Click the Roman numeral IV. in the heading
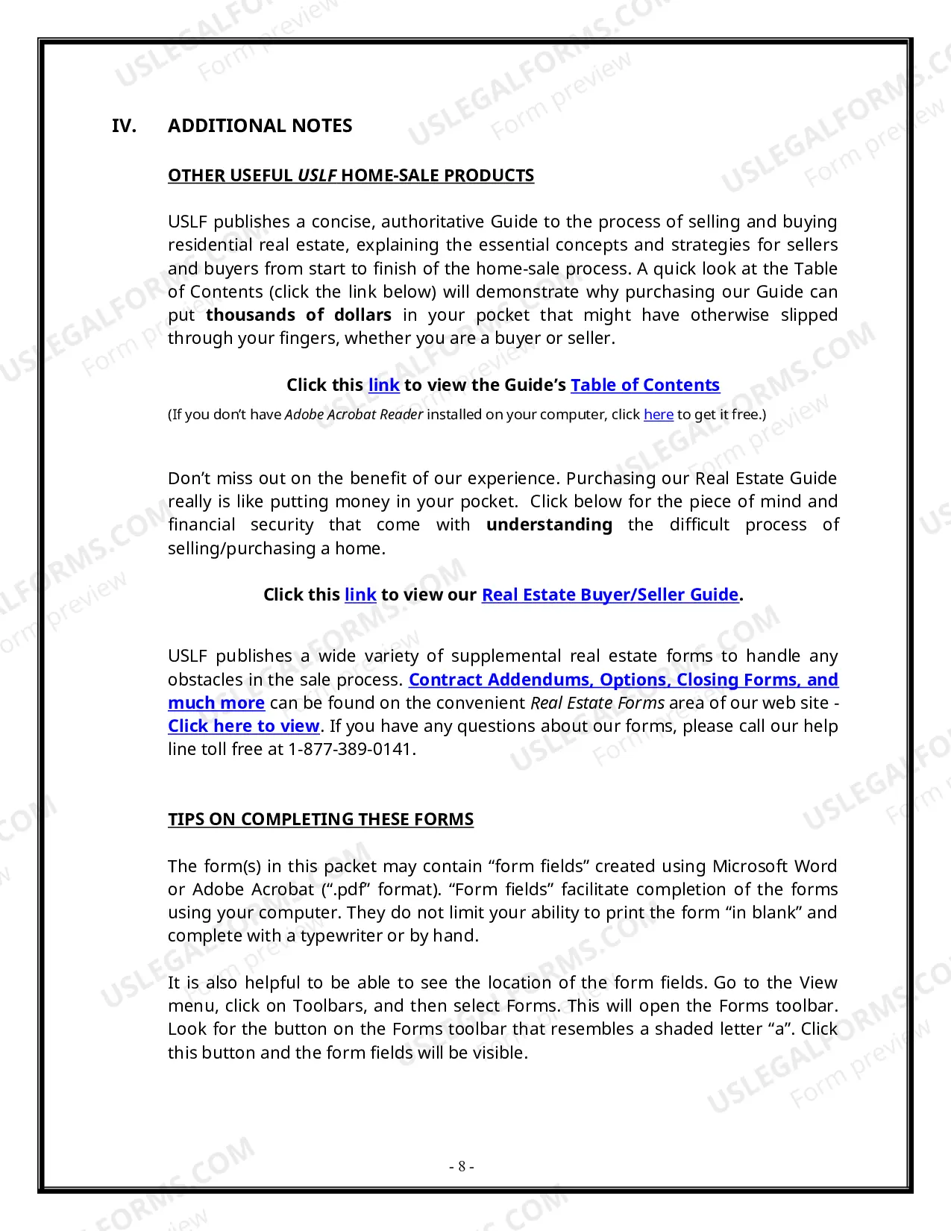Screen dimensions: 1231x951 pos(124,125)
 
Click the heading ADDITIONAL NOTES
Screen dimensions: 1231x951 pos(260,125)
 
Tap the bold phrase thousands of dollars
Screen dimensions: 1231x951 pos(298,315)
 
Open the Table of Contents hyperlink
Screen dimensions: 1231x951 pos(644,385)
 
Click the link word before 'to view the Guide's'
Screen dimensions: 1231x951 pos(383,385)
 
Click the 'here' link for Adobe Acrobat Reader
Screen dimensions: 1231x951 pos(658,414)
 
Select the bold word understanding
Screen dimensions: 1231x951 pos(549,524)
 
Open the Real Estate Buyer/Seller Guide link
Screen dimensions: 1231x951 pos(609,595)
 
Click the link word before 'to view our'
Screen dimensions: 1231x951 pos(360,595)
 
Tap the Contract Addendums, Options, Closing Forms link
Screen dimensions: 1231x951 pos(623,680)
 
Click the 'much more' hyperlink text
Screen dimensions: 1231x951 pos(216,703)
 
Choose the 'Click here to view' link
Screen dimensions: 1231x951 pos(243,726)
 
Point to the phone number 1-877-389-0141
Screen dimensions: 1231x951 pos(351,749)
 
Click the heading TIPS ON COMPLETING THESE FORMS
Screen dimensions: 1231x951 pos(321,819)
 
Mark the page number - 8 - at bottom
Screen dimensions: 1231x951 pos(461,1166)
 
